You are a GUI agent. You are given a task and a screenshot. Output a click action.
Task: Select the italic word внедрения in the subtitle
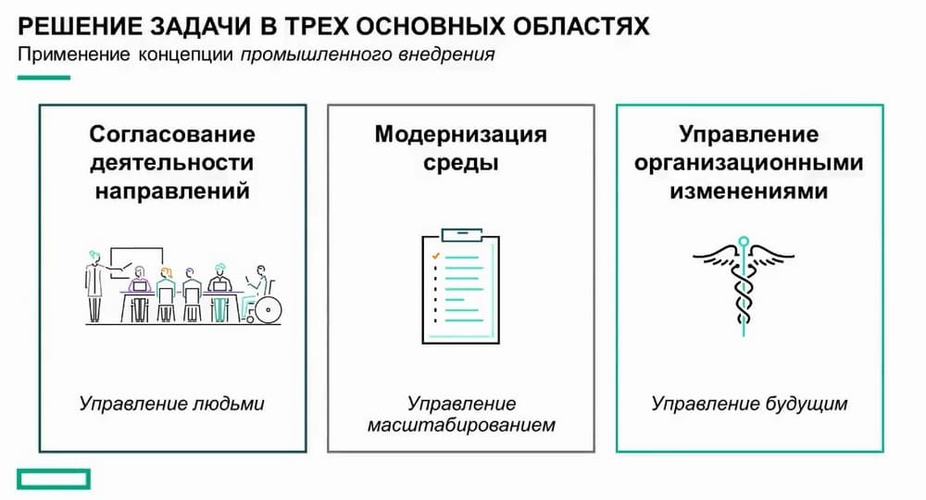[446, 55]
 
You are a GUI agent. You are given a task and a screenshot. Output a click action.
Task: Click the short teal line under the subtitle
[44, 78]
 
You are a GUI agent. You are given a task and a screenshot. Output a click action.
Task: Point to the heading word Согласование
[172, 134]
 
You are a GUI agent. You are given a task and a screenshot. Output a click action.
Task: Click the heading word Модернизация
[460, 135]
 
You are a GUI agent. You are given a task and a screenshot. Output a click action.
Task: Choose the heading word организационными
[749, 164]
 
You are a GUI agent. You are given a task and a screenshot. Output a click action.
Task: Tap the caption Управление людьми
[172, 404]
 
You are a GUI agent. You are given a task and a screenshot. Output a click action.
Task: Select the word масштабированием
[461, 425]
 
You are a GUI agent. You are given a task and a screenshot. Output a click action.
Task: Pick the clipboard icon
[460, 286]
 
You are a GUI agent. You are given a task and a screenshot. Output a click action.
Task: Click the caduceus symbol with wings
[743, 286]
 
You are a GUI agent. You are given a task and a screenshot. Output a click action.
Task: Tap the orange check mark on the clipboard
[436, 256]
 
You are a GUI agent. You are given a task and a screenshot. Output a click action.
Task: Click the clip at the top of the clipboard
[461, 235]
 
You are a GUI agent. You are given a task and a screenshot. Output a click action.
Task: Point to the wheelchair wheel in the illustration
[268, 309]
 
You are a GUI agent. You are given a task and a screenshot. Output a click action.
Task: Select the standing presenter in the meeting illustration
[94, 286]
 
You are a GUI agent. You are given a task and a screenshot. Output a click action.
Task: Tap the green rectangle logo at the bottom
[54, 480]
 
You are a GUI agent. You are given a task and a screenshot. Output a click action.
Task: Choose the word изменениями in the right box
[749, 192]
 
